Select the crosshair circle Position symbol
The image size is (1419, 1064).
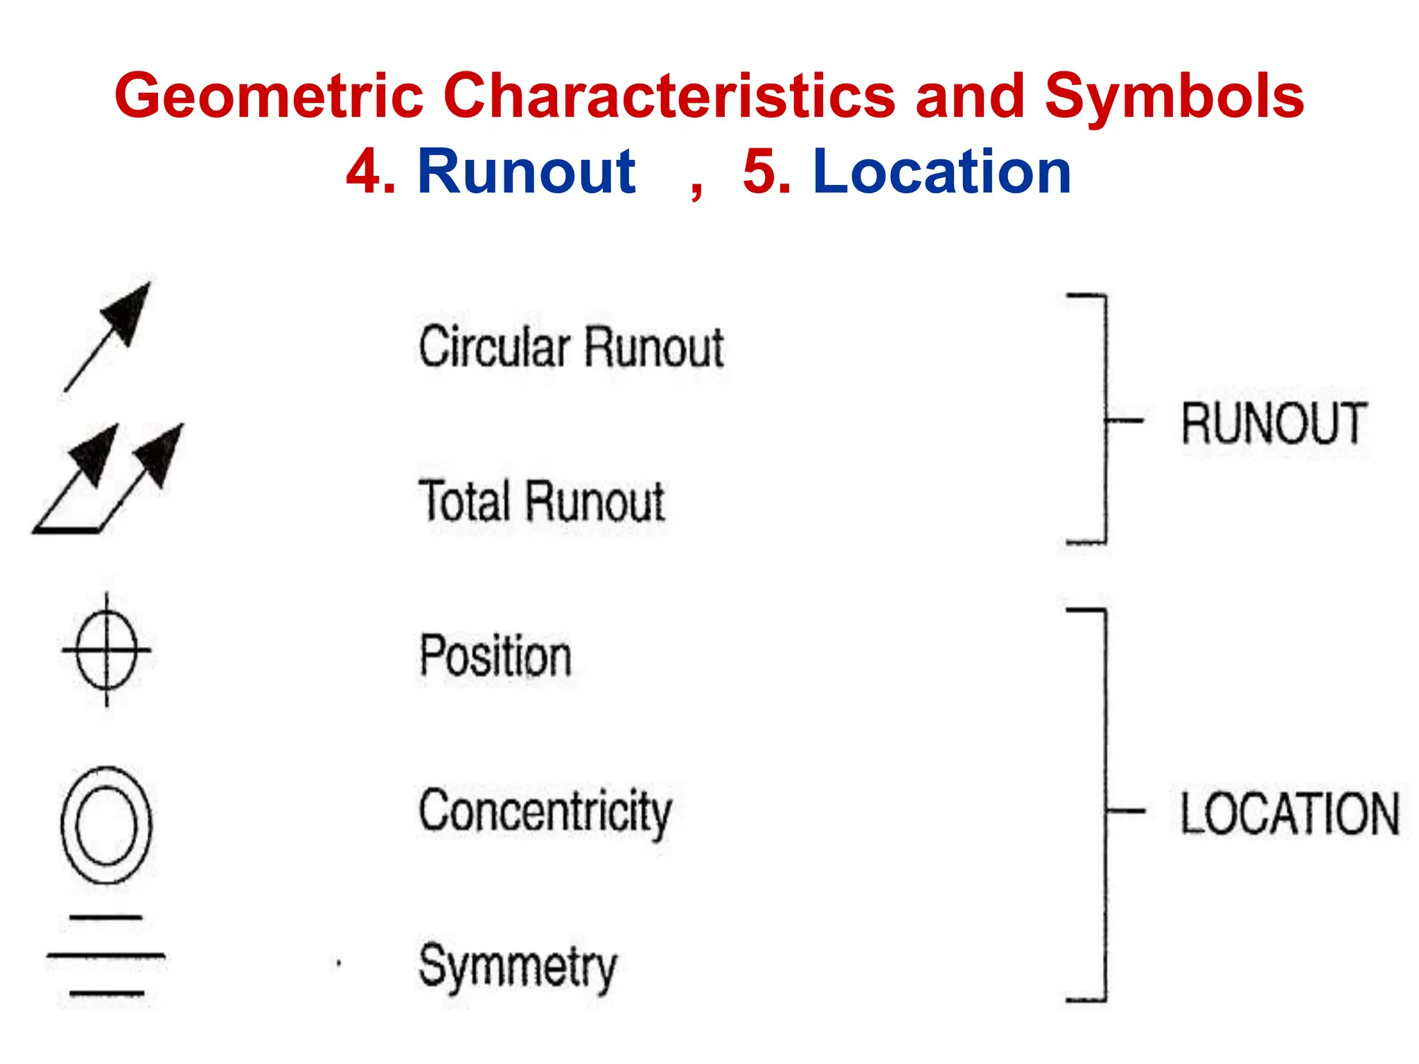coord(106,650)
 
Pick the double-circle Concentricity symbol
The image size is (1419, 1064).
coord(106,824)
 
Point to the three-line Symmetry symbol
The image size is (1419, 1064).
coord(106,956)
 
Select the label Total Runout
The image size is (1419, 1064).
coord(541,501)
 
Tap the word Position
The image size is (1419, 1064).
coord(495,656)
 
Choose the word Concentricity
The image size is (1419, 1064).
coord(545,812)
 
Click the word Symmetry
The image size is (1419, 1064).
coord(518,966)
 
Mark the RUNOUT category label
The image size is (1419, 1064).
coord(1273,423)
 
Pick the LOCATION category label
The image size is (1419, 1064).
coord(1289,813)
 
